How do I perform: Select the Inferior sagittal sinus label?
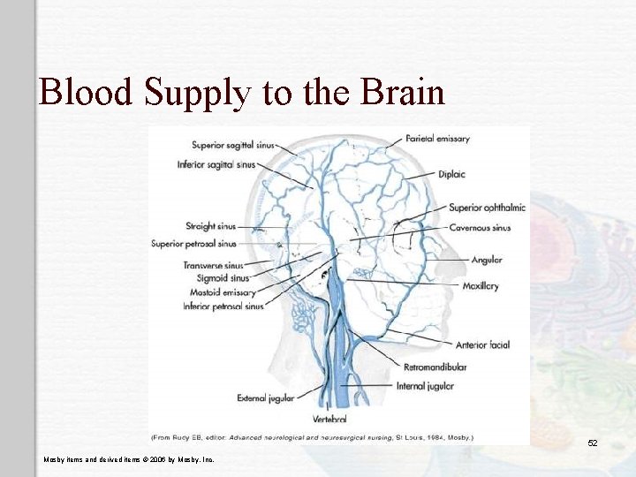pos(216,163)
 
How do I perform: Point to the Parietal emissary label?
pos(438,139)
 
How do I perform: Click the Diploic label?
pos(451,174)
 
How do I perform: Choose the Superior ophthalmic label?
pos(487,208)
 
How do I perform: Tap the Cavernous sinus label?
pos(480,228)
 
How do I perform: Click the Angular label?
pos(487,260)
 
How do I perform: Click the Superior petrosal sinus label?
pos(193,244)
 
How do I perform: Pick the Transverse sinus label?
pos(213,265)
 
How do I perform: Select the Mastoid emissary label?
pos(223,292)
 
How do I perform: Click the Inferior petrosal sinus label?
pos(223,307)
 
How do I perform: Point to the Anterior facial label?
pos(483,345)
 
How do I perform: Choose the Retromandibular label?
pos(435,367)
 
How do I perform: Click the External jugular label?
pos(264,398)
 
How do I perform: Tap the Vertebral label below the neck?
pos(330,418)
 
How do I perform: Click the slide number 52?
pos(593,443)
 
